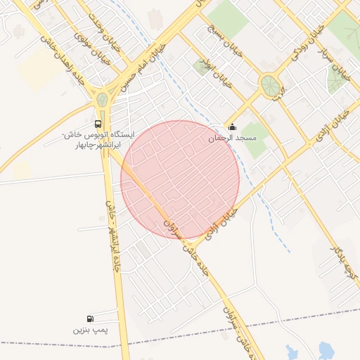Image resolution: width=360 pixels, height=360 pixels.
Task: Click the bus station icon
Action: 98,122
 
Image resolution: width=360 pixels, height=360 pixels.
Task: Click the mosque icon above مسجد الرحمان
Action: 232,127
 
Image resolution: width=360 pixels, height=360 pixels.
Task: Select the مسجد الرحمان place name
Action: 232,139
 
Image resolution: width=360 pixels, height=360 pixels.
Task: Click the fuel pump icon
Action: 89,319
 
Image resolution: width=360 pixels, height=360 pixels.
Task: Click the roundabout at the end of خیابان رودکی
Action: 270,86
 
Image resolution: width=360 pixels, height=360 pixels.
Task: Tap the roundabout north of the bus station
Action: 103,99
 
